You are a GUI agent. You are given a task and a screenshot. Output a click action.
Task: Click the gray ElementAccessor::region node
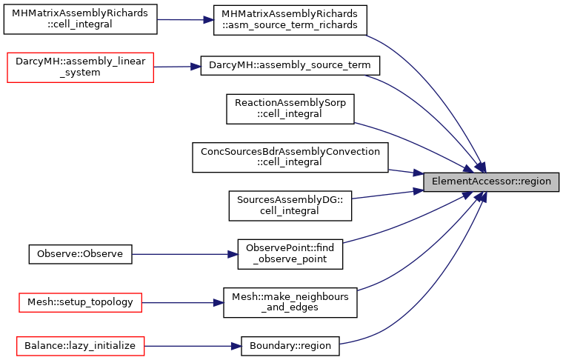pos(490,182)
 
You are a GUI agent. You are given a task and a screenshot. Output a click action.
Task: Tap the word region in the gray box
pos(536,182)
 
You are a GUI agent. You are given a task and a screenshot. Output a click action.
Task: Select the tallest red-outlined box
pos(80,67)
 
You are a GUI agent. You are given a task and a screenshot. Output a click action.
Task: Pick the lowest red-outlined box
pos(80,346)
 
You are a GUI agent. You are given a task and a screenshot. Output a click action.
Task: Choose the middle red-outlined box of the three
pos(80,302)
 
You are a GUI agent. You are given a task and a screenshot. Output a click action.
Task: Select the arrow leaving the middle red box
pos(181,303)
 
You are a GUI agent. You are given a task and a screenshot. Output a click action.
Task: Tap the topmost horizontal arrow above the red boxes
pos(185,20)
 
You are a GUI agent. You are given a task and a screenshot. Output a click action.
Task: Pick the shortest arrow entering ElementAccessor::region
pos(404,172)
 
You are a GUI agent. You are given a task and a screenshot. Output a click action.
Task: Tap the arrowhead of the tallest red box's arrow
pos(197,67)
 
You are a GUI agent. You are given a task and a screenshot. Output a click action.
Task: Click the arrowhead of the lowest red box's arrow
pos(237,346)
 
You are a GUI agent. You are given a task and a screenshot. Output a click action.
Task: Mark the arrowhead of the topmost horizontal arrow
pos(210,20)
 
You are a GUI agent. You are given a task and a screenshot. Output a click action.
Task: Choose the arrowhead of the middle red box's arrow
pos(219,303)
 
